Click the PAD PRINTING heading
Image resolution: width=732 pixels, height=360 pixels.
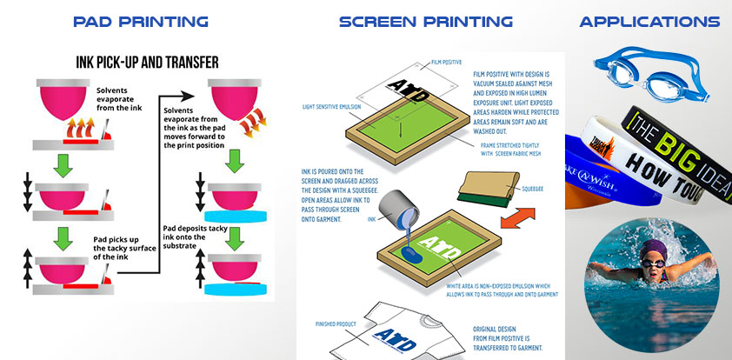click(141, 22)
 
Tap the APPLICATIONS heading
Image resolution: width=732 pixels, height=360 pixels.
click(650, 22)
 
